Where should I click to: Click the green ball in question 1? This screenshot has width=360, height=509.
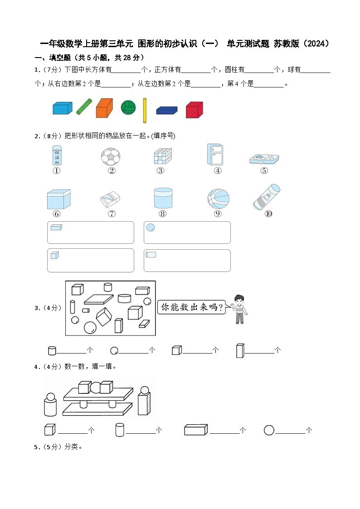pyautogui.click(x=128, y=108)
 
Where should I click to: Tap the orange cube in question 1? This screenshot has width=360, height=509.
pyautogui.click(x=104, y=108)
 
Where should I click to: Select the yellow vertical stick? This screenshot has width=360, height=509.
pyautogui.click(x=145, y=110)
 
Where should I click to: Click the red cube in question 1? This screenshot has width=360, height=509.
pyautogui.click(x=194, y=110)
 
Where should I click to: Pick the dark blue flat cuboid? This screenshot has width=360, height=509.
pyautogui.click(x=166, y=110)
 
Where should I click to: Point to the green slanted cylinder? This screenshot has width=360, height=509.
pyautogui.click(x=83, y=107)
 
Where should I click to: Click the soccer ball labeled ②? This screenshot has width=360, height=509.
pyautogui.click(x=111, y=157)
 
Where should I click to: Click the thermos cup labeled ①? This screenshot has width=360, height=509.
pyautogui.click(x=57, y=155)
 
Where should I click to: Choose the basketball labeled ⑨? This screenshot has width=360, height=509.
pyautogui.click(x=218, y=199)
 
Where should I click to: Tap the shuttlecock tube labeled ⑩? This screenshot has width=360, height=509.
pyautogui.click(x=266, y=197)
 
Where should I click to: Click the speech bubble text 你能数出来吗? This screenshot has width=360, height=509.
pyautogui.click(x=192, y=307)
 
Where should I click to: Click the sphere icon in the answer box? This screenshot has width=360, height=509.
pyautogui.click(x=151, y=228)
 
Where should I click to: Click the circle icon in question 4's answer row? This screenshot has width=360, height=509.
pyautogui.click(x=269, y=430)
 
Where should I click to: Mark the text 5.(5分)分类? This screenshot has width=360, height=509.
pyautogui.click(x=58, y=447)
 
